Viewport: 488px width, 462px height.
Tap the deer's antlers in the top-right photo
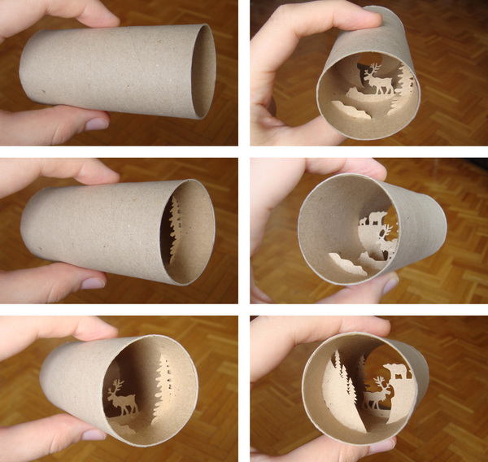(x=374, y=69)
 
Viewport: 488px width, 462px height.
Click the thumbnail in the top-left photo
(x=97, y=124)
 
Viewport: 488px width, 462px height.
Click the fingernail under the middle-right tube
(x=389, y=284)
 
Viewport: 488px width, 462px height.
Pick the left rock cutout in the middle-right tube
(x=342, y=263)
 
